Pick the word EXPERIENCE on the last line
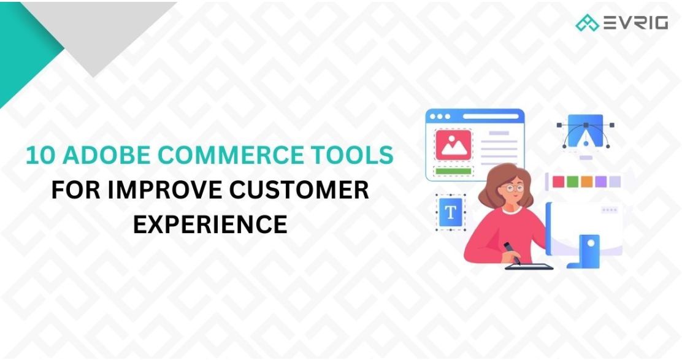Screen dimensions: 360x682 (210, 224)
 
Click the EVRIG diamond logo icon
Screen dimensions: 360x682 (587, 23)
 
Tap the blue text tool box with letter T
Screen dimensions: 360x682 (451, 212)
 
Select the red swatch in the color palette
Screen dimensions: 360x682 (557, 182)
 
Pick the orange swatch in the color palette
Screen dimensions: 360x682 (586, 182)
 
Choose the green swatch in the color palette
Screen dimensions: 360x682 (572, 182)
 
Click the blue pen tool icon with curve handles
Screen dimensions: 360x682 (585, 131)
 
